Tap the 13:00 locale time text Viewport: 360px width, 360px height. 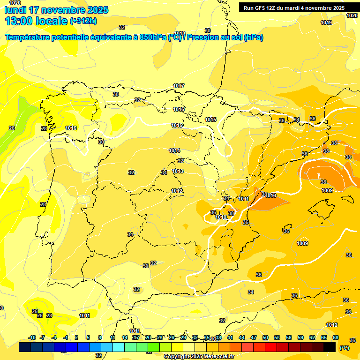(36, 21)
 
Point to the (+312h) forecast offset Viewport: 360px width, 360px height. (84, 21)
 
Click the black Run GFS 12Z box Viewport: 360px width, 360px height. (294, 8)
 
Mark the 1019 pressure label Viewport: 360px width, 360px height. (326, 22)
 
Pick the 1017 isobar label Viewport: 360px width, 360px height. (178, 86)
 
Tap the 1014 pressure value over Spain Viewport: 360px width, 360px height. (174, 150)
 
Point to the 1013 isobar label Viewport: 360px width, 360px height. (178, 171)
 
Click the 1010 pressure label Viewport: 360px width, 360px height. (221, 217)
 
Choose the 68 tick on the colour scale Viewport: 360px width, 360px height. (336, 337)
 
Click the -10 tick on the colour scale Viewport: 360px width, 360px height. (32, 337)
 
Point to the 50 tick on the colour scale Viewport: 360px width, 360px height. (265, 337)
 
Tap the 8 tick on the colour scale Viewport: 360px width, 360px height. (100, 337)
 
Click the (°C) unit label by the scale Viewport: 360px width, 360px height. (345, 347)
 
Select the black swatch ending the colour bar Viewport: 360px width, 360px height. (330, 347)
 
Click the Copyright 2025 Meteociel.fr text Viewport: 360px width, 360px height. (199, 356)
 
